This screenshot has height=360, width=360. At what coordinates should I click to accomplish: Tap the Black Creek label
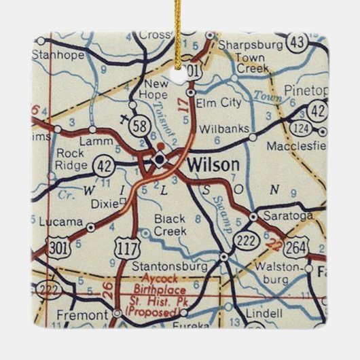(170, 226)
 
